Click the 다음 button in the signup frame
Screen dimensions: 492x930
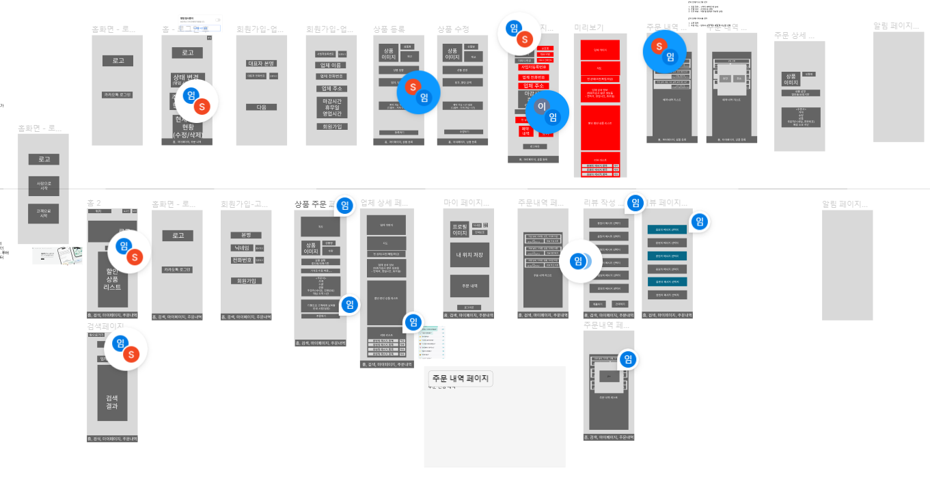(x=261, y=107)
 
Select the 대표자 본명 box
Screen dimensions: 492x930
(x=261, y=64)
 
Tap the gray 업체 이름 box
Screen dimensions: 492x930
(x=331, y=66)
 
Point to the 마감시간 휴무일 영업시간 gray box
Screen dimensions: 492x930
(x=331, y=107)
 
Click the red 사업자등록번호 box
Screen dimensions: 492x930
(x=533, y=67)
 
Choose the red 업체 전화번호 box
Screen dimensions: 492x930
(x=533, y=77)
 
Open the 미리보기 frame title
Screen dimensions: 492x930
(x=589, y=27)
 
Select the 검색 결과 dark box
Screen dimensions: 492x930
(x=112, y=402)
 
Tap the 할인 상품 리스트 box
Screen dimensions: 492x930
(x=112, y=279)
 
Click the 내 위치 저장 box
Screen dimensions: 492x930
(x=469, y=256)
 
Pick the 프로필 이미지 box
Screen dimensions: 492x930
(x=459, y=230)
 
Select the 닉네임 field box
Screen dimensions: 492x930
(x=242, y=248)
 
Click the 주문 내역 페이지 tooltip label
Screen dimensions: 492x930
(x=460, y=379)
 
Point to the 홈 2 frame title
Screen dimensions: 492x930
(x=94, y=203)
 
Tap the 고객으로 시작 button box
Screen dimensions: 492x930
(x=44, y=213)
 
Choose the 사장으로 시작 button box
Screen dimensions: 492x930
(x=44, y=186)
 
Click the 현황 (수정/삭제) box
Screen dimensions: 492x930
(x=188, y=130)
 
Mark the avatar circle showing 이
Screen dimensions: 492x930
(x=541, y=107)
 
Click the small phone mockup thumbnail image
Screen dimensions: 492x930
(x=57, y=256)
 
